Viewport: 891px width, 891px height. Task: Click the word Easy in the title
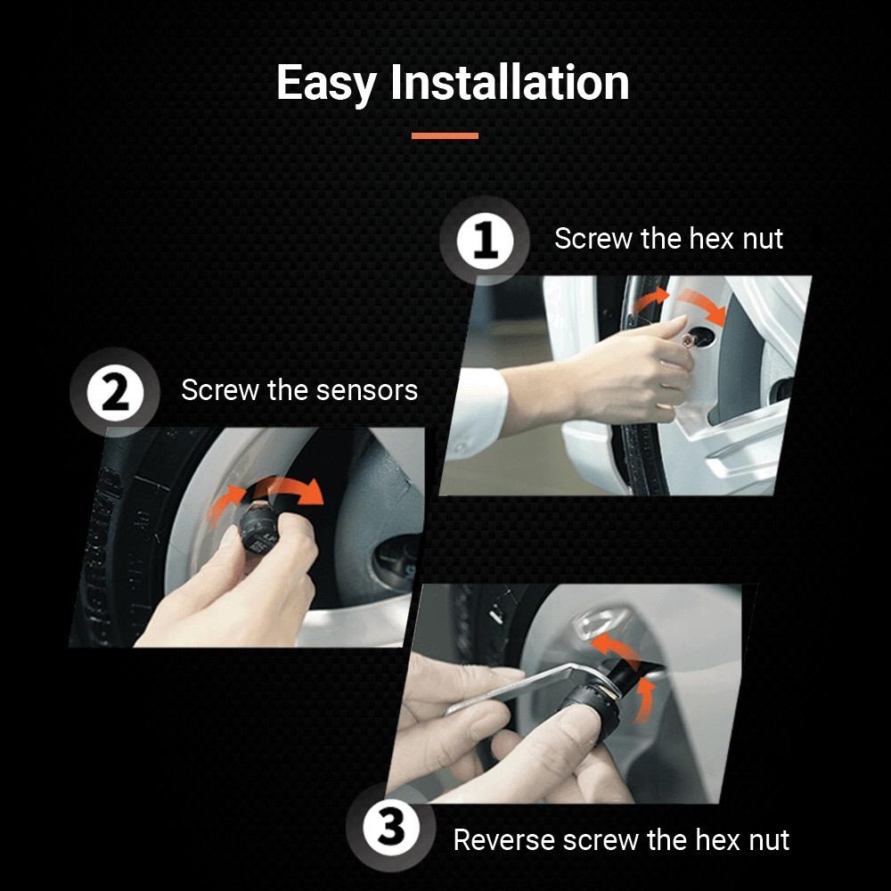(325, 84)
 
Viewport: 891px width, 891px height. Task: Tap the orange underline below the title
(445, 135)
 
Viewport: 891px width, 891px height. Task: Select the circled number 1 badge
(485, 241)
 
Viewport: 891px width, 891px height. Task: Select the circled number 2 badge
(115, 393)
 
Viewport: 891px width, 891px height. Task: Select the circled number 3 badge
(391, 828)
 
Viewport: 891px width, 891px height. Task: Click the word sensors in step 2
(367, 390)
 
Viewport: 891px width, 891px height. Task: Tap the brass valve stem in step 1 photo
(689, 339)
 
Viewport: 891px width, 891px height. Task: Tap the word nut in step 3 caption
(771, 840)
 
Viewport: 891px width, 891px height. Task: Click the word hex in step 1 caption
(710, 239)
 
